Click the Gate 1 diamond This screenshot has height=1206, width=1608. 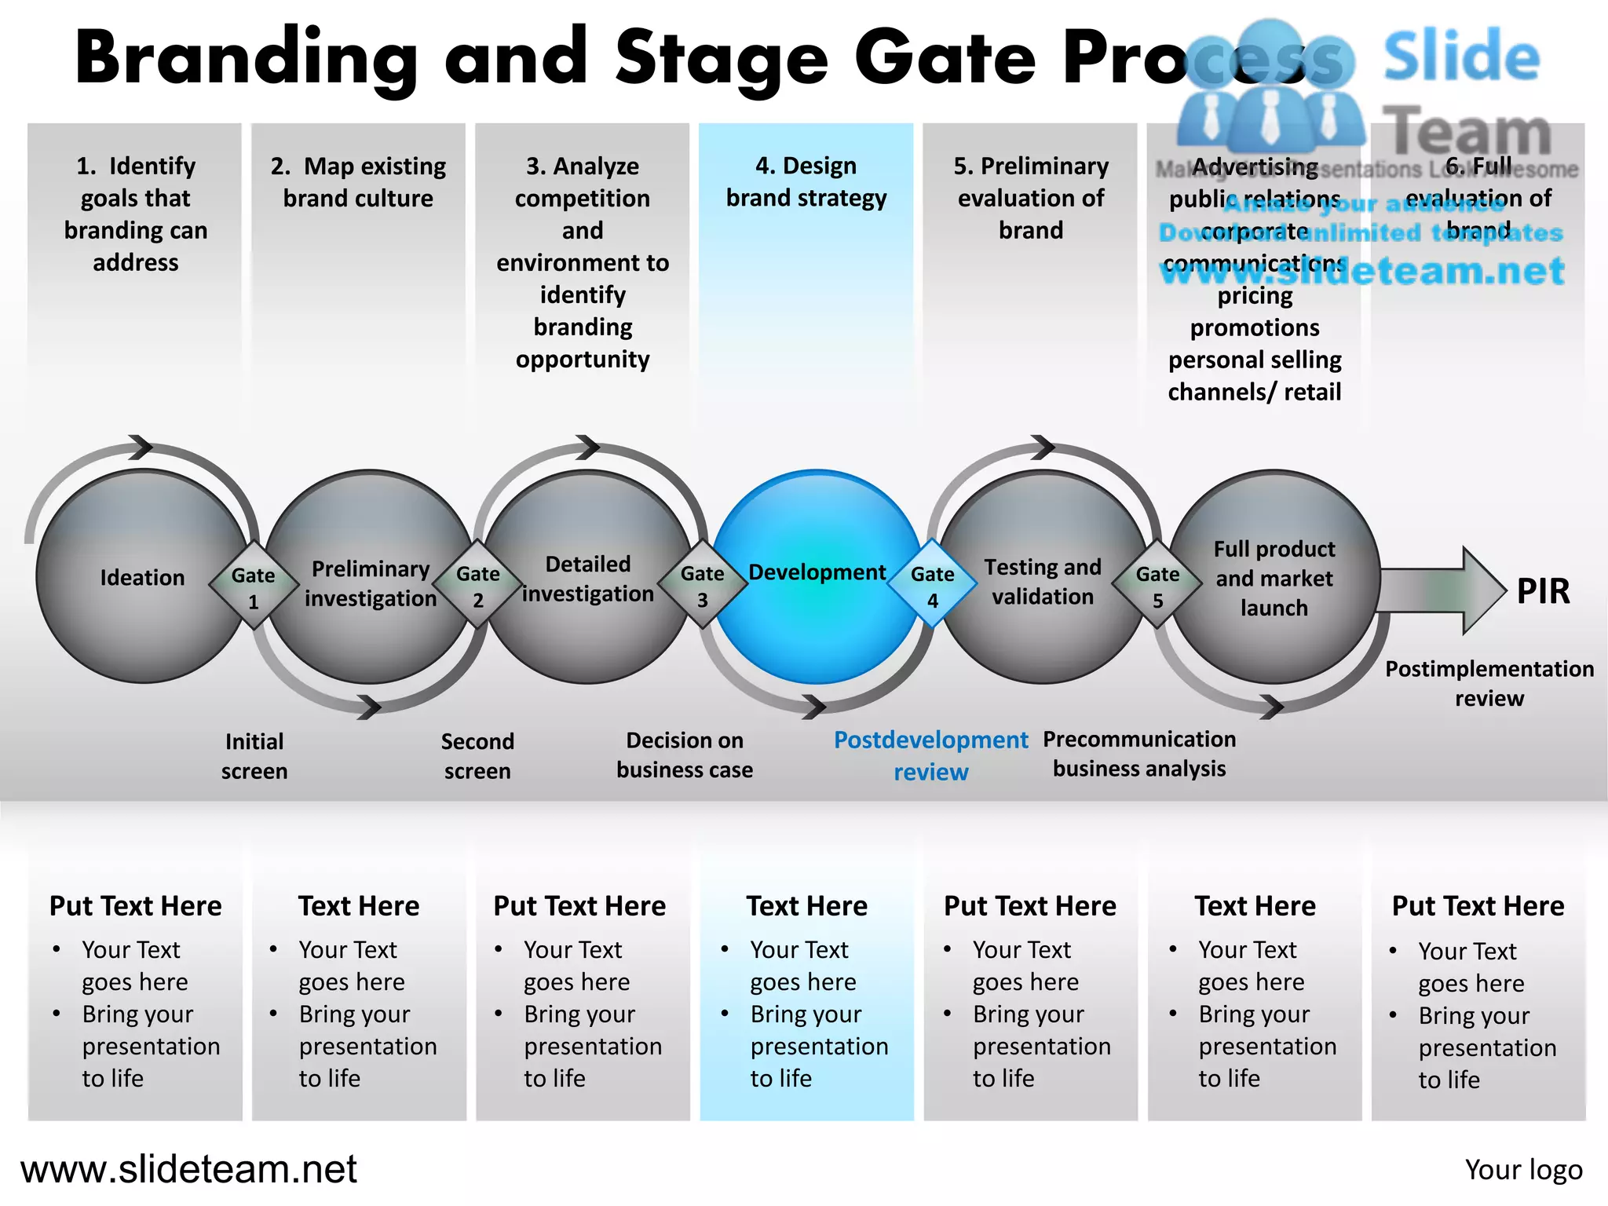[254, 586]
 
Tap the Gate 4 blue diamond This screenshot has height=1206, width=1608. [932, 585]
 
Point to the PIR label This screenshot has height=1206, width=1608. [1542, 591]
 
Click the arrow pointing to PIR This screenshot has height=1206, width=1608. [1441, 590]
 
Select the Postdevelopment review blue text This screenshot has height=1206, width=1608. [930, 755]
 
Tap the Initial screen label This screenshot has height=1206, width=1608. [254, 756]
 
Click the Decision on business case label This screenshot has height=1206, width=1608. [684, 755]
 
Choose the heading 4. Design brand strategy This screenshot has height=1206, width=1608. [806, 182]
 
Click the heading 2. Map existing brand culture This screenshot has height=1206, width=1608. [358, 182]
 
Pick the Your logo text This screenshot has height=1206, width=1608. [1523, 1170]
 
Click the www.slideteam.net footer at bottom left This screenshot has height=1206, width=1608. [188, 1169]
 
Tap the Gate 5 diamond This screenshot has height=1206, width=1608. [1157, 585]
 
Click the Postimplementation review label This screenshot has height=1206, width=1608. [1489, 683]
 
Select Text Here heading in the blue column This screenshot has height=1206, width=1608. [806, 906]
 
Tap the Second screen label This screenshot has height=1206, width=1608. [477, 756]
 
